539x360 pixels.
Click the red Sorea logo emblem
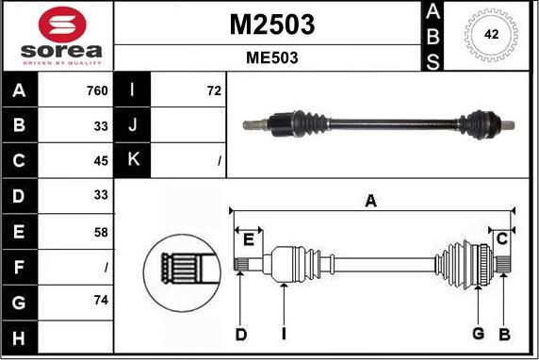62,25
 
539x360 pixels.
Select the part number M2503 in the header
272,25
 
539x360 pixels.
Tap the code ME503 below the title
272,57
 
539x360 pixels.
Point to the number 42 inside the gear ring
491,34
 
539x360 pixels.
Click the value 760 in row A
97,90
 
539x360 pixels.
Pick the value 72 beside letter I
214,90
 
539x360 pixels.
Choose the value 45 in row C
101,161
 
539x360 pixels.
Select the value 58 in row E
101,233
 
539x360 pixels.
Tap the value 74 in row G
101,301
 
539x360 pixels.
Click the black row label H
19,337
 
